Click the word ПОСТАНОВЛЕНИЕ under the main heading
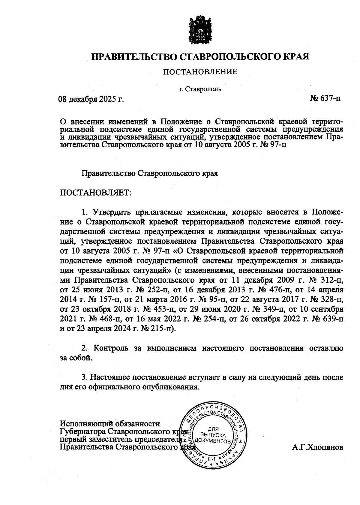[200, 72]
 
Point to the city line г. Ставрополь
[200, 89]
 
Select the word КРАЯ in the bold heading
[296, 56]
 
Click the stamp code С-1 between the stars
[211, 459]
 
